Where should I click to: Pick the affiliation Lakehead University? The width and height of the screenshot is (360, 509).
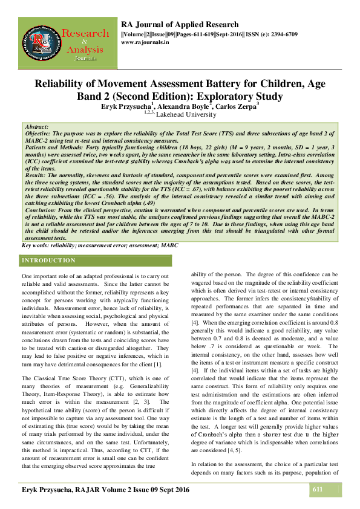186,114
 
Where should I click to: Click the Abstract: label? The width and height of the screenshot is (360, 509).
38,129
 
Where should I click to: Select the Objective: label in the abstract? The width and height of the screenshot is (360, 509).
42,135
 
